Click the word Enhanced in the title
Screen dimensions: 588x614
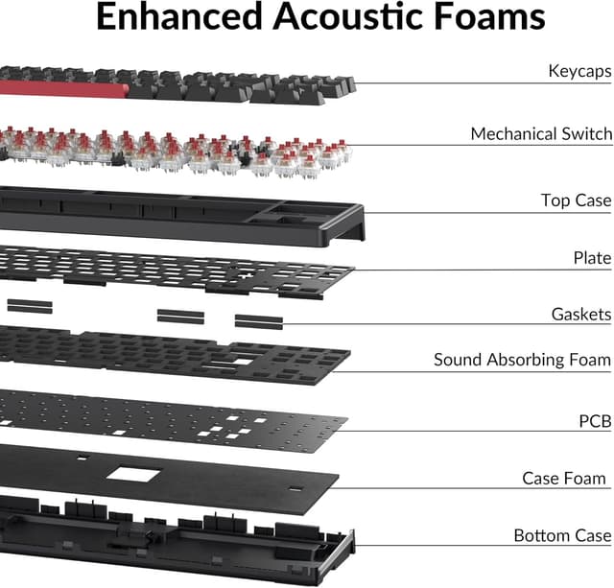183,17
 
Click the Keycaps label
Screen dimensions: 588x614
579,70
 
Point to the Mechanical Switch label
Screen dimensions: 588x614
540,133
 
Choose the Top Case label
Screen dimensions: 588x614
576,200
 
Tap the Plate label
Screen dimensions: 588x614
592,258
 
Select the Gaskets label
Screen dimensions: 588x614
580,314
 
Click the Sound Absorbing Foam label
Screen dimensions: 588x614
522,360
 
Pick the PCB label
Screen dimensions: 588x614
595,420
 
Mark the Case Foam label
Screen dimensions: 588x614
564,478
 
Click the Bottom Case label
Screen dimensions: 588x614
562,535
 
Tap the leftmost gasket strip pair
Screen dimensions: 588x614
30,305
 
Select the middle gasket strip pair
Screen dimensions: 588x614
180,316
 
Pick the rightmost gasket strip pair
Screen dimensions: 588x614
259,320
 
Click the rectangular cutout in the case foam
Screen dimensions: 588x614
134,472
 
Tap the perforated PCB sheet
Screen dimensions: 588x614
173,412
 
